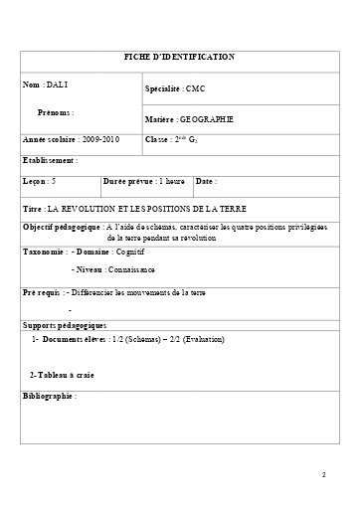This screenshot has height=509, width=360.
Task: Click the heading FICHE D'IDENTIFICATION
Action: (179, 58)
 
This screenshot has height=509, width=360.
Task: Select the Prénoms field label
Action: (55, 113)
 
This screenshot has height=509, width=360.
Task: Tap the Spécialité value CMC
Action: (194, 89)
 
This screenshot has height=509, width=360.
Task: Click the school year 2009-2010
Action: (96, 140)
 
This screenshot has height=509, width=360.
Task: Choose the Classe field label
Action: (157, 140)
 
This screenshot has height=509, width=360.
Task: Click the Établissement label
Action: (49, 159)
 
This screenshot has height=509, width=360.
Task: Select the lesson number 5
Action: (54, 182)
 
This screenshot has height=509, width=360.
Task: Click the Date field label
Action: (205, 182)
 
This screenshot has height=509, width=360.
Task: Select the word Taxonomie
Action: (44, 252)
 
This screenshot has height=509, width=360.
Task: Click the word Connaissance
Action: (131, 269)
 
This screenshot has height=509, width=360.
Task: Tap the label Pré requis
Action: (41, 293)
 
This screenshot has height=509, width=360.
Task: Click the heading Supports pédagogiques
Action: (64, 325)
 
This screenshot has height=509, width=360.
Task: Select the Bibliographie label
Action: (49, 396)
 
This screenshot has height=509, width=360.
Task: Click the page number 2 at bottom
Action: (324, 474)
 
